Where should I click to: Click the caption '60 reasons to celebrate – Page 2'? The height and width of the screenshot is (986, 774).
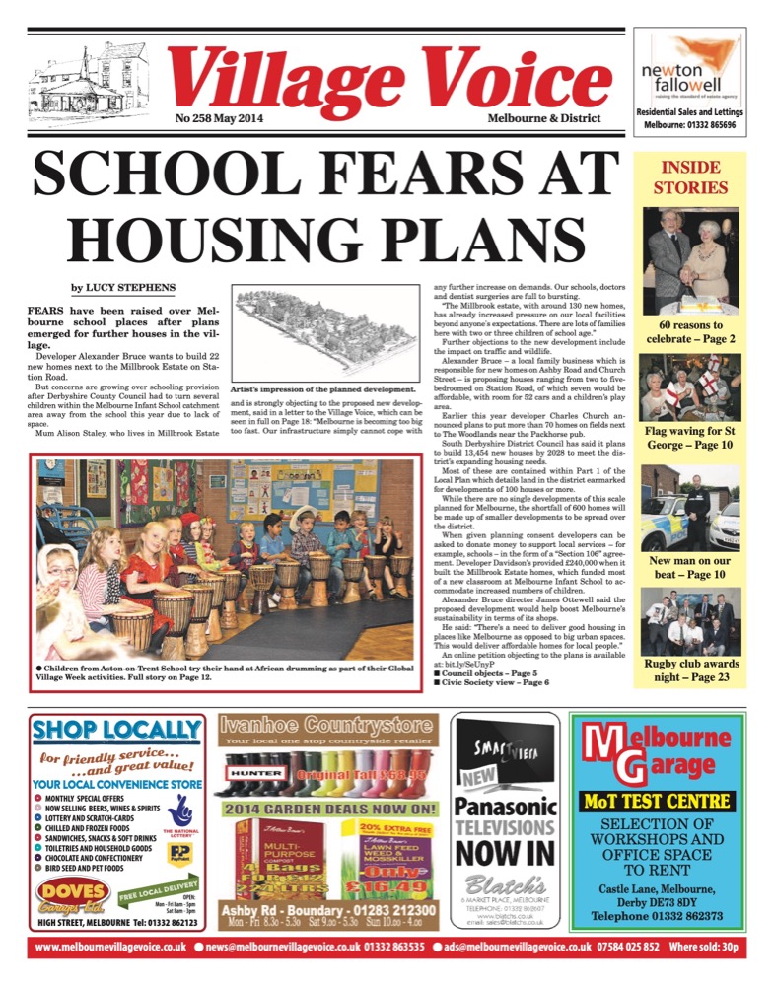coord(691,331)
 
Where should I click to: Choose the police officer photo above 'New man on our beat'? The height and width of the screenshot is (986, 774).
coord(691,507)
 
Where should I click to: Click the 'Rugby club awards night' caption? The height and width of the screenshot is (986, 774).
coord(691,670)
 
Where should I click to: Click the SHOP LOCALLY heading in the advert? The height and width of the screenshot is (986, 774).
coord(116,730)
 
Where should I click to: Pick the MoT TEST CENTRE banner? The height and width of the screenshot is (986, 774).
coord(670,800)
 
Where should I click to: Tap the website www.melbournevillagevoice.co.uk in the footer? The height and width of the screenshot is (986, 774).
coord(110,949)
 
